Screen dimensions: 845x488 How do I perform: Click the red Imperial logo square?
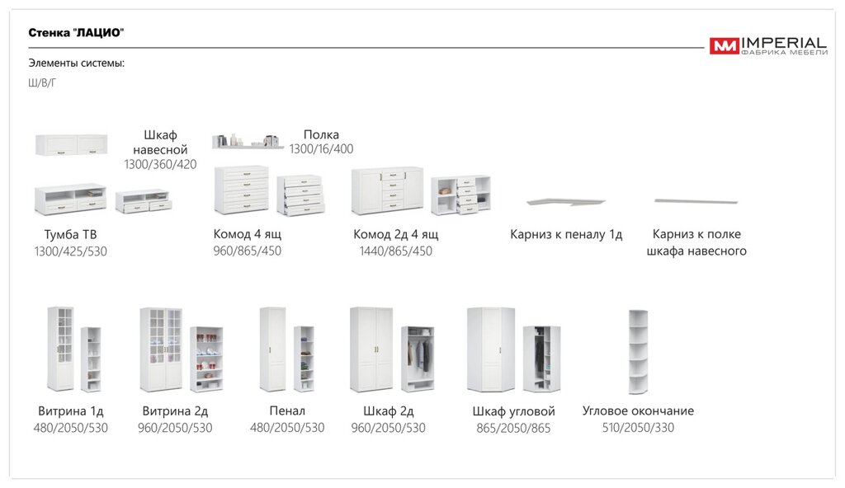point(725,46)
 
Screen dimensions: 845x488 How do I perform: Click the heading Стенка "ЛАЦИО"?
point(76,33)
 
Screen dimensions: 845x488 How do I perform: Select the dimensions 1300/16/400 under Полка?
point(321,148)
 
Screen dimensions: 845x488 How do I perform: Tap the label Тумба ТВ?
point(71,234)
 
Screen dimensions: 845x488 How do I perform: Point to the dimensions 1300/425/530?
point(71,251)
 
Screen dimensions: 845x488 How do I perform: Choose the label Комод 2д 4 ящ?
point(395,234)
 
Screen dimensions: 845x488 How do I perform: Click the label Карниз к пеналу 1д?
point(566,234)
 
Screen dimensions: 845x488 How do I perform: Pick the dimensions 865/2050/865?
point(513,428)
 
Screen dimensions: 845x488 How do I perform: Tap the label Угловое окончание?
point(638,411)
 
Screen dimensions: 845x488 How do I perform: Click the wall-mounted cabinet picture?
point(71,144)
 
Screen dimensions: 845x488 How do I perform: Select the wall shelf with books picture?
point(248,141)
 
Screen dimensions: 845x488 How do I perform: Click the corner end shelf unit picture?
point(638,352)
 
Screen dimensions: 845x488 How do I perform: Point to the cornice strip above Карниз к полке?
point(696,201)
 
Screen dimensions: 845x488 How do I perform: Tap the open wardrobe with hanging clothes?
point(418,359)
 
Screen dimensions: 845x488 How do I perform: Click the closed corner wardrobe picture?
point(491,350)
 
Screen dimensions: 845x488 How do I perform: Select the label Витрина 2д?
point(175,411)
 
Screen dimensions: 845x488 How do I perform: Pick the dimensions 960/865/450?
point(248,251)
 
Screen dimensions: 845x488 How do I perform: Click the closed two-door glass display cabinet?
point(161,350)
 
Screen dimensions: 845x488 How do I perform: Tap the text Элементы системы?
point(77,63)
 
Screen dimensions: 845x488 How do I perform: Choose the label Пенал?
point(287,411)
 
